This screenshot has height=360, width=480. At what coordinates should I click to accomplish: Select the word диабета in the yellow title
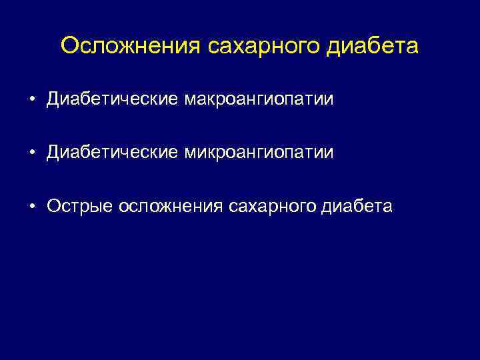[x=376, y=47]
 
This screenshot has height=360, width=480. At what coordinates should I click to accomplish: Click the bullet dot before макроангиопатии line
[x=32, y=100]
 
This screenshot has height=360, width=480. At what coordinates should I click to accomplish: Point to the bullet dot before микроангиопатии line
[x=32, y=153]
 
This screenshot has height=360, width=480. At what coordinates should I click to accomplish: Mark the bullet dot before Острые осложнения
[x=32, y=207]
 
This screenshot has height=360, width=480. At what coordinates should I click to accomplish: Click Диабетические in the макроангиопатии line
[x=111, y=100]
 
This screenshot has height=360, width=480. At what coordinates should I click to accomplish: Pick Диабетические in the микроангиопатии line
[x=111, y=153]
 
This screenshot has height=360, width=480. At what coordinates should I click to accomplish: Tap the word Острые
[x=80, y=207]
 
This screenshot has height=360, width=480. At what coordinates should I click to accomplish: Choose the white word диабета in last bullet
[x=361, y=207]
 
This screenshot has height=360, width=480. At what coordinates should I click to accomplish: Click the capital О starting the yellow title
[x=69, y=47]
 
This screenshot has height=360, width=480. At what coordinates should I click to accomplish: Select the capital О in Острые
[x=54, y=207]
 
